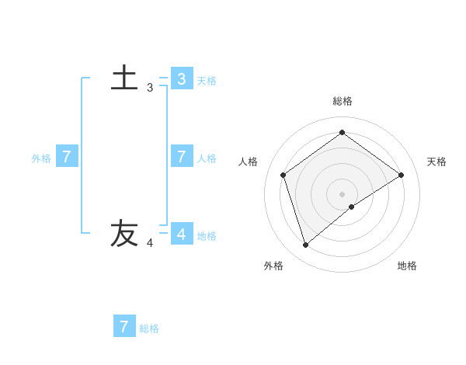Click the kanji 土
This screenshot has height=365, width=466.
point(125,78)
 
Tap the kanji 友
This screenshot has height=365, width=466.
point(124,233)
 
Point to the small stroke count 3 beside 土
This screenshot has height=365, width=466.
point(150,88)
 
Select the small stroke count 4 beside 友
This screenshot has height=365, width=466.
point(150,243)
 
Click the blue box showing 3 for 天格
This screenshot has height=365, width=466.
point(182,78)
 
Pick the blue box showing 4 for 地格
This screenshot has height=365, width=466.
point(182,233)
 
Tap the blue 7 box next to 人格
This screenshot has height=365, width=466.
point(182,156)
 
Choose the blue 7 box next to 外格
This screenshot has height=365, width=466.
point(67,156)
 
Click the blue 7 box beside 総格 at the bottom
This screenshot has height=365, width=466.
point(124,326)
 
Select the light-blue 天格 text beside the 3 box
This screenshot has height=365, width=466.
point(207,80)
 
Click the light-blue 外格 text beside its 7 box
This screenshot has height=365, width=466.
point(41,158)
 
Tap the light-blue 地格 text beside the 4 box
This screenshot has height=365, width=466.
point(207,235)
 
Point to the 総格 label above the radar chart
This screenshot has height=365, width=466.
point(343,101)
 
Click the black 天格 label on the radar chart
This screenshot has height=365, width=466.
point(436,162)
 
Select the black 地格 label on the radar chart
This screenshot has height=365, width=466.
point(407,266)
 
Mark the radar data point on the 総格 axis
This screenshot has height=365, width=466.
point(342,132)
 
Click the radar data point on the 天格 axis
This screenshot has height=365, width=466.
point(401,175)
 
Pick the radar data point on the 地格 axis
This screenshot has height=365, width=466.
point(352,207)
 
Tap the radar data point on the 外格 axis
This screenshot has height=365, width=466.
point(306,245)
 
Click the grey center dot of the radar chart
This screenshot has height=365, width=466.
point(342,193)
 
